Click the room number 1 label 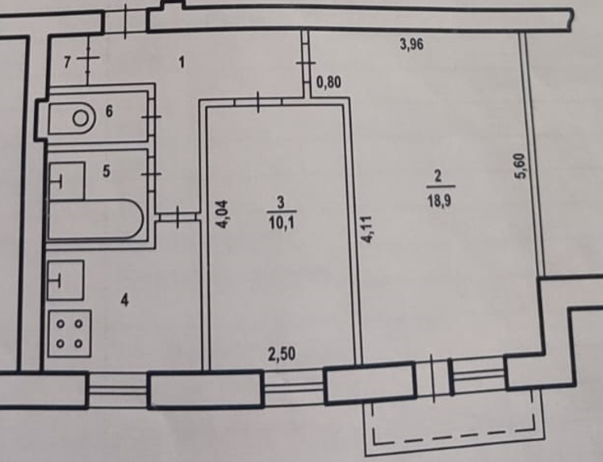click(x=182, y=62)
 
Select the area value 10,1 click(x=279, y=216)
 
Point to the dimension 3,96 click(x=412, y=45)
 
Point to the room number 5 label click(x=105, y=170)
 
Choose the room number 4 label click(x=124, y=300)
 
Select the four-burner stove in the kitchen click(x=69, y=333)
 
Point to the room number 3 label click(x=279, y=202)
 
